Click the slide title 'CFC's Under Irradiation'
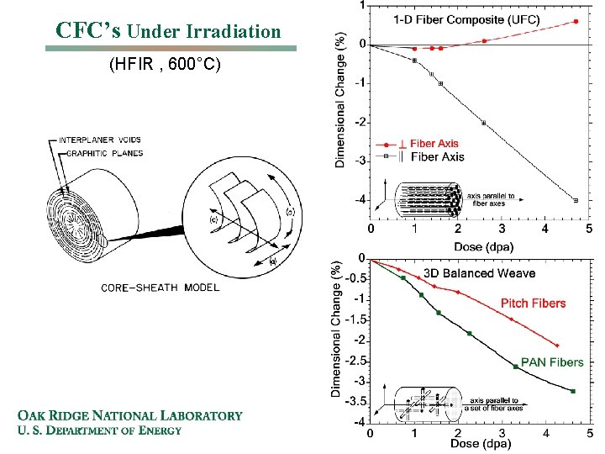tap(168, 31)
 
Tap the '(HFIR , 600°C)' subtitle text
tap(166, 64)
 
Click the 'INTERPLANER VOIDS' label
tap(98, 140)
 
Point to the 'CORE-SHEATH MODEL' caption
tap(160, 288)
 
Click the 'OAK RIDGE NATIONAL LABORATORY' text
tap(130, 415)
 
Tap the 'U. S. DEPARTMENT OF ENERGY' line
tap(99, 431)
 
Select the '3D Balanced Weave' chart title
tap(479, 273)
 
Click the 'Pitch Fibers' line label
tap(533, 304)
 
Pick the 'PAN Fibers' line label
tap(552, 362)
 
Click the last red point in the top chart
tap(575, 22)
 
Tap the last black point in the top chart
tap(575, 200)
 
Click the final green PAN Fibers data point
tap(572, 391)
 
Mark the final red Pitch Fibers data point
tap(556, 346)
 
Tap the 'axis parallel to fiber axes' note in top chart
tap(492, 199)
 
